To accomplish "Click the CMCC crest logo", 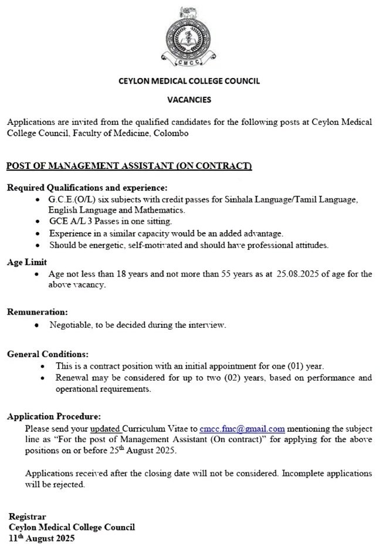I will pos(189,36).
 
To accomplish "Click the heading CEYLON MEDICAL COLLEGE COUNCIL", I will pos(189,81).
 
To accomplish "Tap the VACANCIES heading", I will pos(189,100).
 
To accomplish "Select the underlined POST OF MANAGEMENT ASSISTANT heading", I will pos(129,167).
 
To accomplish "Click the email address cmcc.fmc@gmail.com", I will pos(242,429).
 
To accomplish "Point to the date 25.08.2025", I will pos(297,274).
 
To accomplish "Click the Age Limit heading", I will pos(27,263).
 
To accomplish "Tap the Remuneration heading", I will pos(38,312).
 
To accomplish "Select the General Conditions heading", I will pos(48,354).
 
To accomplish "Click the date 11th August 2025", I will pos(42,537).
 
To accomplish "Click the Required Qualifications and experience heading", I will pos(87,188).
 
